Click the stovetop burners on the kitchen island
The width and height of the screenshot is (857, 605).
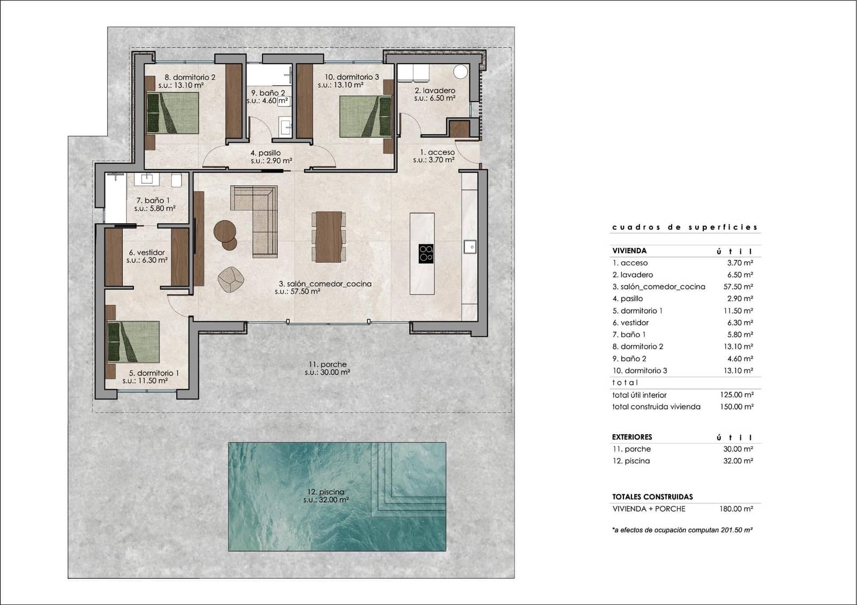426,253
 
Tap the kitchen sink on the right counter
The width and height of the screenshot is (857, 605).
469,246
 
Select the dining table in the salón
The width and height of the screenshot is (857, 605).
328,237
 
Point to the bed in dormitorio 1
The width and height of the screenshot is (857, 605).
134,342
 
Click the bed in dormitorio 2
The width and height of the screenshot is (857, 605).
172,114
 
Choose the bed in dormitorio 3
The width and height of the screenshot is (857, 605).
365,116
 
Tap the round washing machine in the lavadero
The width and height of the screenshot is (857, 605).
460,71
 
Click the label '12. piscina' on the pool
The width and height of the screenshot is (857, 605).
326,491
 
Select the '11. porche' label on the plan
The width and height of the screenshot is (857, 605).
327,365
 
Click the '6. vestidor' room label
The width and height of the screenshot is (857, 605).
147,253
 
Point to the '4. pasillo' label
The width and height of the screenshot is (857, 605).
266,153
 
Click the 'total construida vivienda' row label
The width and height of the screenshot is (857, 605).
656,407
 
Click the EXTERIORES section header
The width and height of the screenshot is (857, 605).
632,437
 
